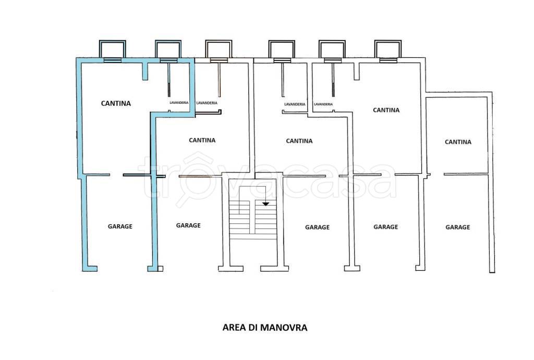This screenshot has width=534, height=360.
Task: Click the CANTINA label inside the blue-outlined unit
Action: tap(116, 103)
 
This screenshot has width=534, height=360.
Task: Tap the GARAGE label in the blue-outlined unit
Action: tap(120, 226)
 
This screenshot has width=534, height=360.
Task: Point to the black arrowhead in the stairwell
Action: tap(266, 203)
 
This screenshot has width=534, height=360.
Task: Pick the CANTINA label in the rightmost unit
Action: tap(458, 142)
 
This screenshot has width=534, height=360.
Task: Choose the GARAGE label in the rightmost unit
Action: tap(457, 227)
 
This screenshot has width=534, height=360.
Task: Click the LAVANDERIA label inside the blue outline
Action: tap(179, 103)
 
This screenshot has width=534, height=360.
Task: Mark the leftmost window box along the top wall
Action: tap(112, 50)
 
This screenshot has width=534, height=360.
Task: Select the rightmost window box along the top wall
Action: tap(387, 50)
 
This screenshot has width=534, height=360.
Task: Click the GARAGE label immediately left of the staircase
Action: tap(188, 225)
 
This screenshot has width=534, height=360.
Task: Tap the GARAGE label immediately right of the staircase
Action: tap(317, 227)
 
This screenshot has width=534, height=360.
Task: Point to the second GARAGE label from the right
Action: tap(386, 227)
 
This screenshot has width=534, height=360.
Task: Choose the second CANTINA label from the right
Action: tap(386, 110)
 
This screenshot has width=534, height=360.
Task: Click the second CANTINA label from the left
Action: tap(202, 140)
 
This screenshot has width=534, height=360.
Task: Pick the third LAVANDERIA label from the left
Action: tap(295, 104)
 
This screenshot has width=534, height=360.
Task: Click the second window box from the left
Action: tap(167, 50)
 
